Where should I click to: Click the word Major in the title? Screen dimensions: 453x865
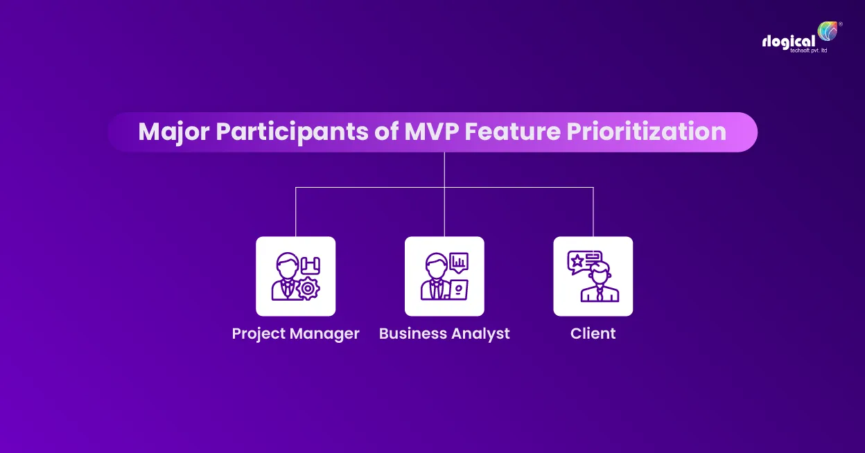[x=174, y=132]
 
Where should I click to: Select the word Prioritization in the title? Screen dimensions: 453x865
[x=646, y=132]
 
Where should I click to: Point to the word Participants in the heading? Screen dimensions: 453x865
[x=293, y=132]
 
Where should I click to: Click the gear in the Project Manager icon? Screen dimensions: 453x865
[x=308, y=287]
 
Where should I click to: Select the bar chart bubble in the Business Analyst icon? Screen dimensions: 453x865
[x=458, y=261]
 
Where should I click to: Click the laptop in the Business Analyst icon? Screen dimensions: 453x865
[x=458, y=288]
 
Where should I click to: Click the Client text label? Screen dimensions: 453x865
[x=593, y=333]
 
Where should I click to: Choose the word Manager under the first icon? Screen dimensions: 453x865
[x=324, y=333]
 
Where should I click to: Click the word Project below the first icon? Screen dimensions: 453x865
[x=258, y=333]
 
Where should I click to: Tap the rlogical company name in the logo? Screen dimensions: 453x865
[x=788, y=41]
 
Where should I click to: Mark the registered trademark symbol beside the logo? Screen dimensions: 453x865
[x=841, y=24]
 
